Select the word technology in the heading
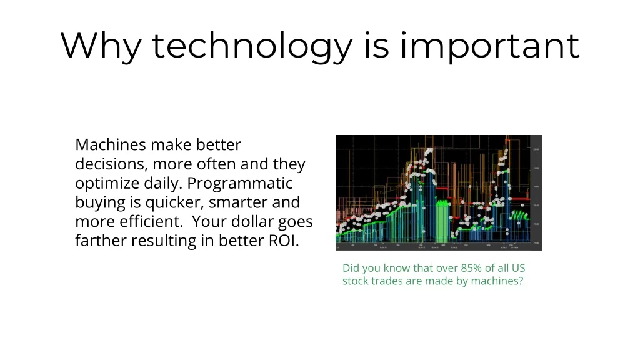[x=252, y=46]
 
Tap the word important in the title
[x=490, y=46]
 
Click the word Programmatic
[x=240, y=184]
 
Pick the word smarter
[x=239, y=203]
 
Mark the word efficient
[x=151, y=222]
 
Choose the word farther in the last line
[x=101, y=241]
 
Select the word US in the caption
[x=518, y=268]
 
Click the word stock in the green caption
[x=356, y=281]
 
